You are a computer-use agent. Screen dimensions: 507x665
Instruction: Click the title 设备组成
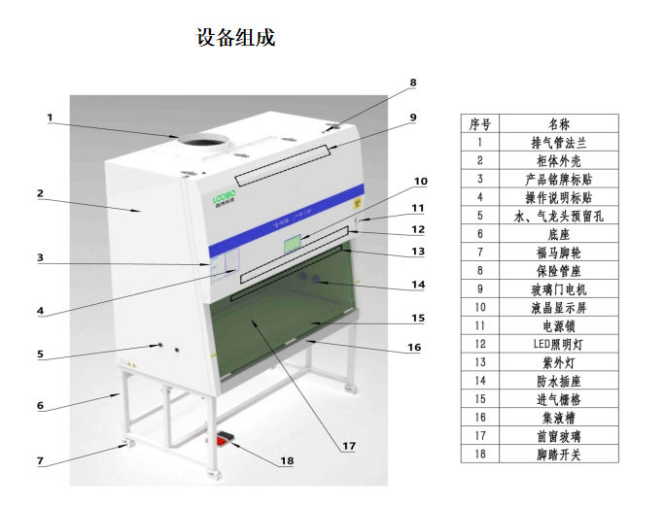[236, 38]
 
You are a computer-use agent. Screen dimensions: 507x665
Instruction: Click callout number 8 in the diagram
[412, 84]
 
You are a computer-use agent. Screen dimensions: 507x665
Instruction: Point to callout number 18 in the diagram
[287, 460]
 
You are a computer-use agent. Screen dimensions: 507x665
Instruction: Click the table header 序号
[479, 123]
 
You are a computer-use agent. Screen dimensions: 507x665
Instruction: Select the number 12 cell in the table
[479, 344]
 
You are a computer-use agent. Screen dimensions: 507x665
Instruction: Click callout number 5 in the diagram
[41, 355]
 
